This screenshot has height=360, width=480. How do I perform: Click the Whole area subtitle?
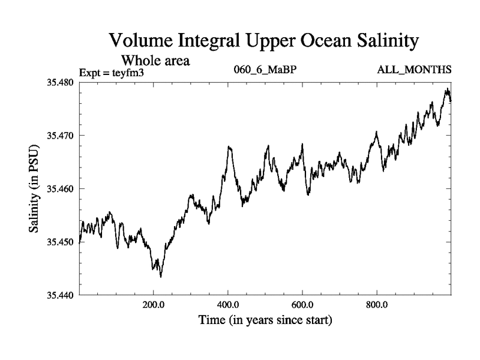(156, 60)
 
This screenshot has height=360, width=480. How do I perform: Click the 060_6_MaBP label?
(266, 71)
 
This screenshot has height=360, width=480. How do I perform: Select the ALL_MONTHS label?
(414, 71)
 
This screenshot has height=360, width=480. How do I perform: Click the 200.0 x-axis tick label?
(154, 305)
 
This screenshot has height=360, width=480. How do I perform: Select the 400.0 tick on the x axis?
(228, 305)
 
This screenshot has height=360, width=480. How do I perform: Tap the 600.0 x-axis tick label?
(302, 305)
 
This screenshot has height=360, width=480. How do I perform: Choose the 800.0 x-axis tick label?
(377, 305)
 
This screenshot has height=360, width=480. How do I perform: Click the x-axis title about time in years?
(265, 320)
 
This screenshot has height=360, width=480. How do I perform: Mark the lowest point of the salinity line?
(161, 277)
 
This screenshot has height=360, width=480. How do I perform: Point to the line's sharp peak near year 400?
(229, 146)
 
